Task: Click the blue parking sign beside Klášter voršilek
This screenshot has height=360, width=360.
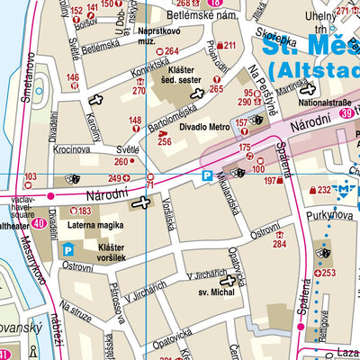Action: coord(68,251)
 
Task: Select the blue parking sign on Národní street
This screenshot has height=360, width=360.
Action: coord(207,176)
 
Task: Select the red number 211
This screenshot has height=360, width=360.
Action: coord(229,45)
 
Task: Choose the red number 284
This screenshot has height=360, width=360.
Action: coord(280,243)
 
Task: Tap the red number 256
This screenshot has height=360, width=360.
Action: coord(164,141)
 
